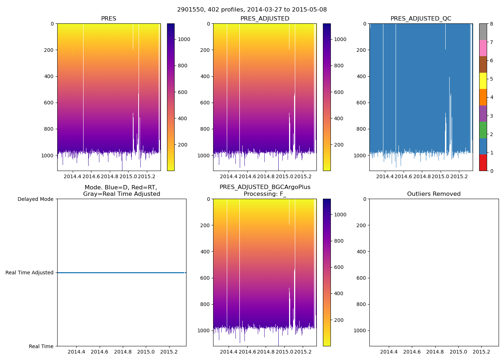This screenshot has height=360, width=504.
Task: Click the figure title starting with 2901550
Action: tap(252, 10)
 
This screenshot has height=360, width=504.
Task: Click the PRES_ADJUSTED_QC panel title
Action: tap(421, 19)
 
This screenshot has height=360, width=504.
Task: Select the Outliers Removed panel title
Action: tap(434, 194)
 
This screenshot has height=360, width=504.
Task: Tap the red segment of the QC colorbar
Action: tap(483, 163)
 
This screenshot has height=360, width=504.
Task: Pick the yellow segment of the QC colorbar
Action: tap(483, 81)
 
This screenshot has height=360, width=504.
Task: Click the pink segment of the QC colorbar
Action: tap(483, 48)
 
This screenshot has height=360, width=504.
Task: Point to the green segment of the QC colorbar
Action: tap(483, 130)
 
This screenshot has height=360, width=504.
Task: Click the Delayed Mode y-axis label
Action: tap(36, 199)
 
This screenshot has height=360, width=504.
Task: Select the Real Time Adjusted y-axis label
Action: tap(30, 273)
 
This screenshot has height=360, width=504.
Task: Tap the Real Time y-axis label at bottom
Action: tap(41, 346)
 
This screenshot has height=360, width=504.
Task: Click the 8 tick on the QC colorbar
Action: tap(491, 24)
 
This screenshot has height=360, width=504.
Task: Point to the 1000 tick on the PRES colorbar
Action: tap(184, 39)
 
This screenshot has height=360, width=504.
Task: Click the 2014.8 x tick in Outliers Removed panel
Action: tap(435, 352)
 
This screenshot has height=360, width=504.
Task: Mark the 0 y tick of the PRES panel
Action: tap(52, 24)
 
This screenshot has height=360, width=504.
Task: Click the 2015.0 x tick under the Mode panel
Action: tap(146, 352)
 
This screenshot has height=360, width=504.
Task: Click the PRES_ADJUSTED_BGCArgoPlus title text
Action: tap(265, 187)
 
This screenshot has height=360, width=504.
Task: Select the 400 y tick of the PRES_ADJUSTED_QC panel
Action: tap(361, 76)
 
